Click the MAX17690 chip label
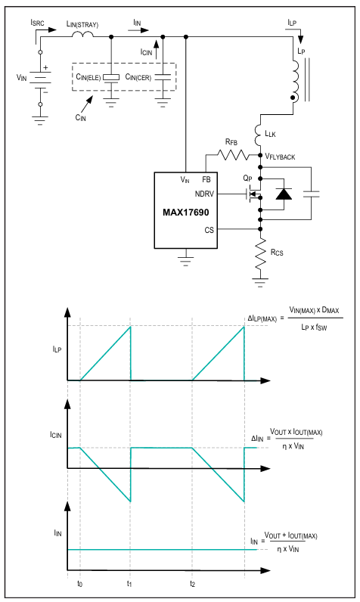186,213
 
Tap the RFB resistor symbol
233,155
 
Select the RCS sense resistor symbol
260,254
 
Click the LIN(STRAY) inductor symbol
82,35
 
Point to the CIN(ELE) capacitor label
88,77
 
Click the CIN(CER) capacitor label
138,77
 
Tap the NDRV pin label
204,194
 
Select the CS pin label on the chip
209,230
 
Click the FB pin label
206,179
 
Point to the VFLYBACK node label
280,157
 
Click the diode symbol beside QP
284,194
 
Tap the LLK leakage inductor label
270,134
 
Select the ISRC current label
37,23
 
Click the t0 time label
79,584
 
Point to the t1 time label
129,584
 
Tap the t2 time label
192,584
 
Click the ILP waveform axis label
57,349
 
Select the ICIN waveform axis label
56,435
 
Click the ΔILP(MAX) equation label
262,318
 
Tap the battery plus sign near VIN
45,67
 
